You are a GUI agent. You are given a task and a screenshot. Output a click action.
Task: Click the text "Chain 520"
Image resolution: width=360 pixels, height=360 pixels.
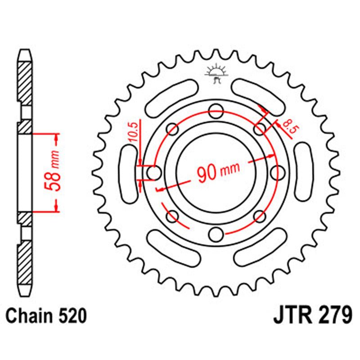[46, 316]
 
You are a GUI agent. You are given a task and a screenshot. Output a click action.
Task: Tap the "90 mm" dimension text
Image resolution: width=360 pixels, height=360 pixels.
[218, 171]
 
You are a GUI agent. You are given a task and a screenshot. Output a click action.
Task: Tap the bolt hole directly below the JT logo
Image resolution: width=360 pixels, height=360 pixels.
[216, 109]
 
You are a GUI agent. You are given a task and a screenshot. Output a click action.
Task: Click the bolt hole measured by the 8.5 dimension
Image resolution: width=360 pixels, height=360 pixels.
[260, 130]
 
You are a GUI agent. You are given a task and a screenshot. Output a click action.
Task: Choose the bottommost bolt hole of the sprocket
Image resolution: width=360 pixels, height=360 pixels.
[216, 234]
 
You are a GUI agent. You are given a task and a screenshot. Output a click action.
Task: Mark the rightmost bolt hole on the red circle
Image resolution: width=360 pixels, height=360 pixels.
[279, 171]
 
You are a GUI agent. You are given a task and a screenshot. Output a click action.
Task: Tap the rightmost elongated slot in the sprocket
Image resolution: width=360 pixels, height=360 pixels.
[304, 171]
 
